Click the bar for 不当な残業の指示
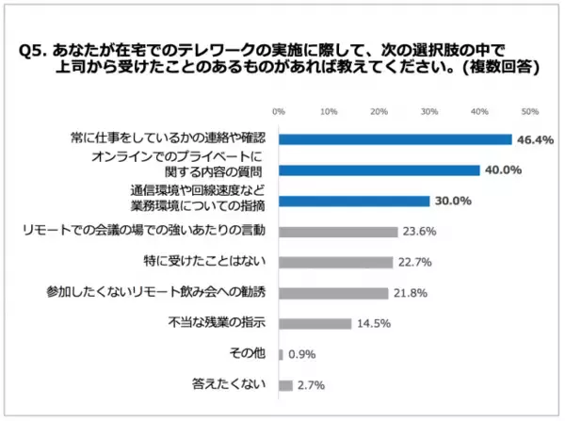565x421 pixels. point(315,323)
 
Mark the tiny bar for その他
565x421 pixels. point(282,354)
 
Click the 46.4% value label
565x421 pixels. point(537,139)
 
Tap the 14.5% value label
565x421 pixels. point(372,323)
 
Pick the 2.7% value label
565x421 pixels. point(312,384)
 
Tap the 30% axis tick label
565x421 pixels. point(429,111)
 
